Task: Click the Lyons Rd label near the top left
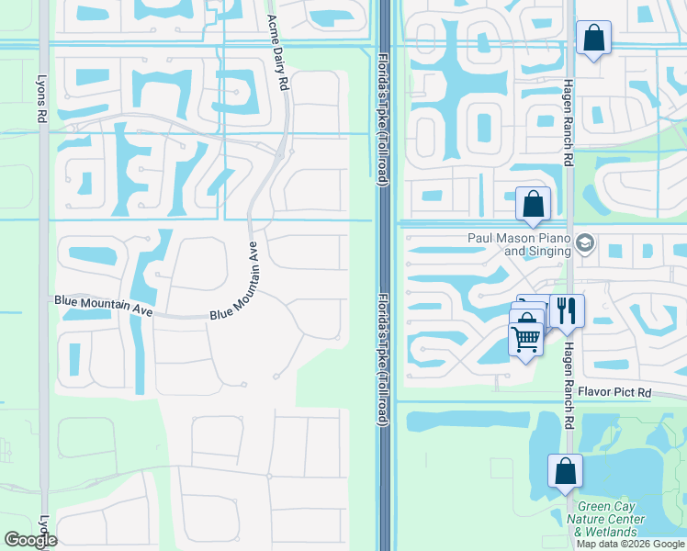pyautogui.click(x=41, y=100)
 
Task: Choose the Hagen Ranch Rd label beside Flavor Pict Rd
pyautogui.click(x=569, y=373)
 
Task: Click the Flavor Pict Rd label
pyautogui.click(x=614, y=393)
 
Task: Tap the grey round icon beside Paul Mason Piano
pyautogui.click(x=587, y=243)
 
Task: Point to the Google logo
pyautogui.click(x=30, y=540)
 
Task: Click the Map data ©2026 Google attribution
pyautogui.click(x=631, y=544)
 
